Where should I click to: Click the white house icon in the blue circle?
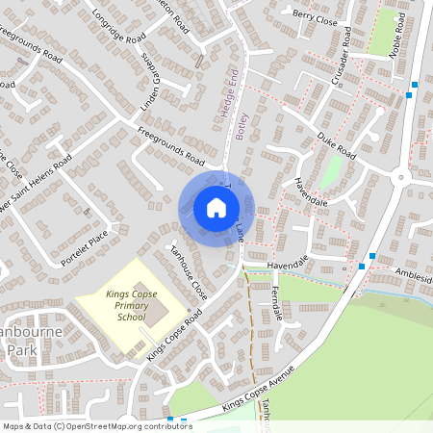pos(216,208)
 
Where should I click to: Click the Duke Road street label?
pos(337,146)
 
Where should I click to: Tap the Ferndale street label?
pos(278,302)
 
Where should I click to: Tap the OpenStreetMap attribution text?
pos(96,425)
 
